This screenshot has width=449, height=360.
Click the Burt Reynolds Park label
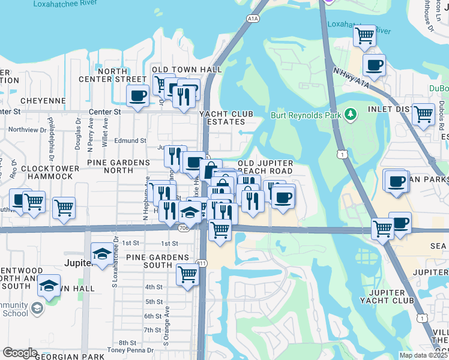click(x=306, y=114)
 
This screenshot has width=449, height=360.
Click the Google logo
click(x=20, y=353)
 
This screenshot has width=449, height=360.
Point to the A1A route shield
click(x=253, y=19)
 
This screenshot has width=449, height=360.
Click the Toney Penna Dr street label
click(x=131, y=350)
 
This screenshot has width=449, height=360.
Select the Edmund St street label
click(x=131, y=140)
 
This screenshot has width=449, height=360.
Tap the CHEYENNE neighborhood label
click(x=42, y=101)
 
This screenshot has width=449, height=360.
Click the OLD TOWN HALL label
click(x=187, y=70)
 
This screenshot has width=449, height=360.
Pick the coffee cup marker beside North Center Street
click(x=137, y=94)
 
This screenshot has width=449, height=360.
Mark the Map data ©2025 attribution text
click(x=423, y=355)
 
